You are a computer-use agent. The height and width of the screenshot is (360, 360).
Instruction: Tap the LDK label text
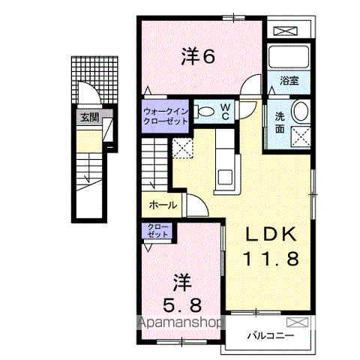pos(274,233)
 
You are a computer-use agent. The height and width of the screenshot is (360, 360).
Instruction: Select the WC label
pos(224,112)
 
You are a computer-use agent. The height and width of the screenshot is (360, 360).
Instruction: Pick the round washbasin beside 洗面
pos(300,112)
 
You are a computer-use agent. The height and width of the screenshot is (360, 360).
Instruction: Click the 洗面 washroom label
pos(279,121)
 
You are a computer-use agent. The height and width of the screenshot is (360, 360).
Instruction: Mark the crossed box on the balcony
pos(298,321)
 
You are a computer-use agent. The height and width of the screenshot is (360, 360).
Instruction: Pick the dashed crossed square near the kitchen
pos(182,148)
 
